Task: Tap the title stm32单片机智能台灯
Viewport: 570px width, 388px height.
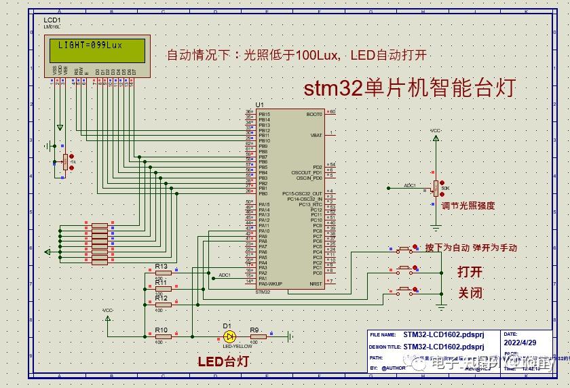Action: coord(410,88)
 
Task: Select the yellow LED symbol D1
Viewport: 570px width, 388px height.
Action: coord(229,336)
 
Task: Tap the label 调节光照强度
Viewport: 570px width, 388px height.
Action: coord(468,206)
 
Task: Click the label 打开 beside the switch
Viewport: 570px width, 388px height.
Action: coord(470,272)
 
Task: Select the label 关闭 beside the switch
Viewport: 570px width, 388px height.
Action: coord(470,293)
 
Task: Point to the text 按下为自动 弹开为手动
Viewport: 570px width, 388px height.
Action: coord(470,248)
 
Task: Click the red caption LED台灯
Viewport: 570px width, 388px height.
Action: coord(223,362)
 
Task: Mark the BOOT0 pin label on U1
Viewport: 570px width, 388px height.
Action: coord(315,114)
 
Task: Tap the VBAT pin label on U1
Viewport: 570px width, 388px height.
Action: coord(316,135)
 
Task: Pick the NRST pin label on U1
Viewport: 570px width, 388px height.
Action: coord(316,284)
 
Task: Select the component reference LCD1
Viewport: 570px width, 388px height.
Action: coord(52,20)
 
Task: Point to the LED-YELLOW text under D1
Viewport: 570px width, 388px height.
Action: coord(229,346)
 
